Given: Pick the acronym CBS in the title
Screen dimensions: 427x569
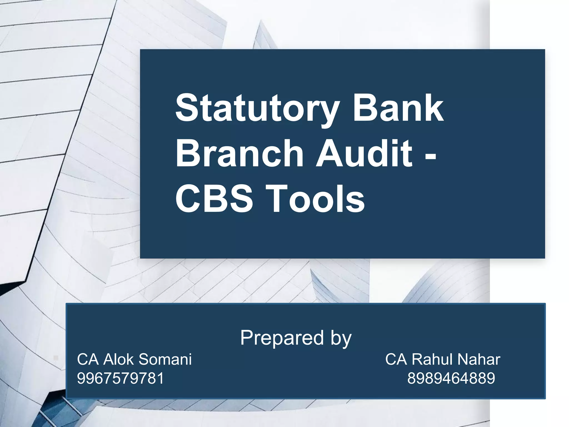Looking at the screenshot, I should pos(214,199).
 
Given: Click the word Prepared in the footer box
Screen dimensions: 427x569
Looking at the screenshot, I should pos(282,338).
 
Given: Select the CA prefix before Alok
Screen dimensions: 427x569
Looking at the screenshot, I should pos(88,359).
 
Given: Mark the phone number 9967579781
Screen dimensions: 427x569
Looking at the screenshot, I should pos(121,378).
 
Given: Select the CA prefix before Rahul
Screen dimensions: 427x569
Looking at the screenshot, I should pos(396,359).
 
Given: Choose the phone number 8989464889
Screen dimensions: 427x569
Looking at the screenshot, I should pos(451,378).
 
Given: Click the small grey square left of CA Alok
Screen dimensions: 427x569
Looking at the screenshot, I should pos(56,358).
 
